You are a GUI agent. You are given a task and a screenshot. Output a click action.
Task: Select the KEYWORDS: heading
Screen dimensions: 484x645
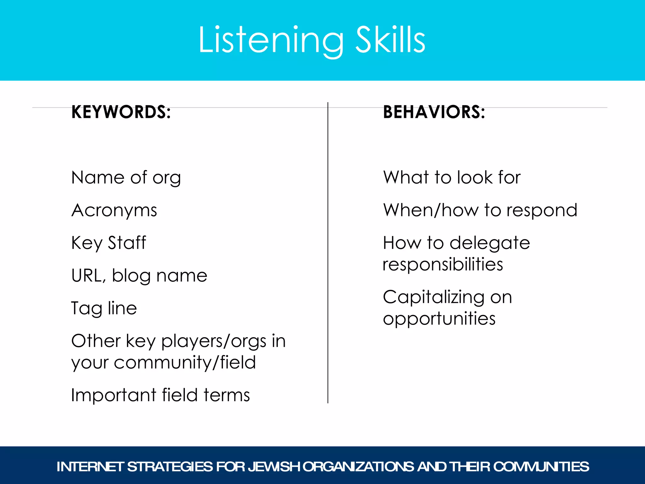tap(121, 112)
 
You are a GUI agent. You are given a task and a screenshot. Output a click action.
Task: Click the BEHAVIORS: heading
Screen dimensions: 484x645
tap(434, 112)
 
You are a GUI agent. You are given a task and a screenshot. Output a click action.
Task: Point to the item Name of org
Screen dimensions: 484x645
tap(126, 178)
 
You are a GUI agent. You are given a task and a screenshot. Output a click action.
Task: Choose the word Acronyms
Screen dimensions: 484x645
tap(114, 210)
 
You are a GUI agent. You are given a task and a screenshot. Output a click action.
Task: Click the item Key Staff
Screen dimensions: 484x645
tap(109, 243)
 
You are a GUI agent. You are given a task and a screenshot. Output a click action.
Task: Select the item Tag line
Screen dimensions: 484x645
tap(104, 308)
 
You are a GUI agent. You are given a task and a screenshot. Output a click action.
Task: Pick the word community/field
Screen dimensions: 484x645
tap(185, 362)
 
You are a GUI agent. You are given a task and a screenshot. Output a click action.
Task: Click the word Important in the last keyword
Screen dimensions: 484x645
tap(114, 395)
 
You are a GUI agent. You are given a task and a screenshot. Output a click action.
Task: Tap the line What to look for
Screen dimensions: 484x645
tap(452, 177)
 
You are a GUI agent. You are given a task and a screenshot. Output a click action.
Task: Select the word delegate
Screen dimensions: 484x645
tap(490, 243)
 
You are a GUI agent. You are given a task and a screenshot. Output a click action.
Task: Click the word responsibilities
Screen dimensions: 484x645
tap(442, 264)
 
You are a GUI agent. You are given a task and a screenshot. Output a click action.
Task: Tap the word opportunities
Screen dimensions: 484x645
tap(439, 319)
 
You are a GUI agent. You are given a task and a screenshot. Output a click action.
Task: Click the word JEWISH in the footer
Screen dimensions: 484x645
tap(273, 467)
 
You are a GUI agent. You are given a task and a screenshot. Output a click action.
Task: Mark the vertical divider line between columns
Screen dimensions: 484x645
tap(328, 252)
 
